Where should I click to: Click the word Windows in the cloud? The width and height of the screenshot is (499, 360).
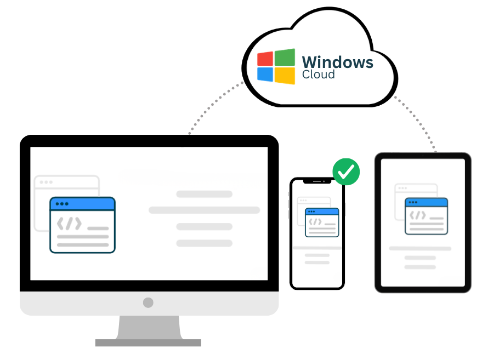tap(337, 62)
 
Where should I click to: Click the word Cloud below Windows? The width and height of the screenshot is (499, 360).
tap(318, 75)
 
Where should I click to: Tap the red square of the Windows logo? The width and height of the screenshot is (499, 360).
tap(265, 59)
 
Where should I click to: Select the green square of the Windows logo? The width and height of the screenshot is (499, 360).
tap(285, 57)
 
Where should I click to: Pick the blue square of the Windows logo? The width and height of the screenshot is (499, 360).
tap(265, 75)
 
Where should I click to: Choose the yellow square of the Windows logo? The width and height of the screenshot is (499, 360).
tap(285, 76)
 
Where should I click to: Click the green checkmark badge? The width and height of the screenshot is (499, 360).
tap(346, 172)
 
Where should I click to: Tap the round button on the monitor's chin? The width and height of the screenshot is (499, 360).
tap(148, 302)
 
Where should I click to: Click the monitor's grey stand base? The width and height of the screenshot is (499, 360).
tap(148, 343)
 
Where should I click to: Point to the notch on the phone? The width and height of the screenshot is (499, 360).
tap(317, 181)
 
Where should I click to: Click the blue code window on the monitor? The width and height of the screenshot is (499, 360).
tap(82, 225)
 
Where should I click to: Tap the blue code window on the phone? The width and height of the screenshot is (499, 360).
tap(322, 222)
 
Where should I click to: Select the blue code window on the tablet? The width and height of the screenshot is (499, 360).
tap(426, 216)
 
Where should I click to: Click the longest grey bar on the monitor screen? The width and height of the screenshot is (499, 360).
tap(205, 210)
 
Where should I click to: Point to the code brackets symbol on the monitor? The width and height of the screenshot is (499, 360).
tap(69, 224)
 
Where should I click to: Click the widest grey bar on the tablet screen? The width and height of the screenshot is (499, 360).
tap(420, 248)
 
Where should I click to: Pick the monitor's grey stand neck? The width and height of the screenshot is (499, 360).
tap(149, 327)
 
